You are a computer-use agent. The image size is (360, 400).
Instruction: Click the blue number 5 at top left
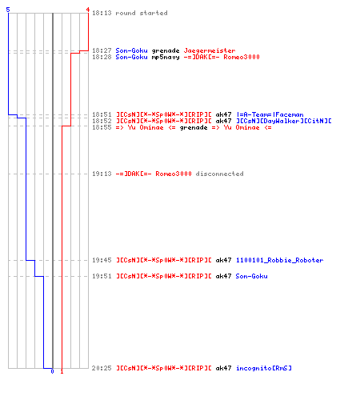(x=8, y=10)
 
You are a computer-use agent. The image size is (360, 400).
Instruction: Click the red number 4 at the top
(x=88, y=10)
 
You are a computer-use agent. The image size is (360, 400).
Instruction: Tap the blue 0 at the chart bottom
(x=52, y=371)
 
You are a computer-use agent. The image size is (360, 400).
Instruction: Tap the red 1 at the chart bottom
(x=62, y=371)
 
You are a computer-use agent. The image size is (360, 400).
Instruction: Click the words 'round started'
(x=142, y=13)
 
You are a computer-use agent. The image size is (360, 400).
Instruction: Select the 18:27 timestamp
(x=102, y=50)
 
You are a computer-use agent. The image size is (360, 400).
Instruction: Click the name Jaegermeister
(x=210, y=50)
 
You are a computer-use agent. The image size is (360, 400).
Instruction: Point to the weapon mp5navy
(x=166, y=57)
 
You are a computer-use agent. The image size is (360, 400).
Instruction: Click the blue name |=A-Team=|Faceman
(x=270, y=114)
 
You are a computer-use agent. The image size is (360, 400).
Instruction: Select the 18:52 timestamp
(x=102, y=121)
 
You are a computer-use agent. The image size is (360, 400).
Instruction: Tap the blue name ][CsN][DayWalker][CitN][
(x=284, y=121)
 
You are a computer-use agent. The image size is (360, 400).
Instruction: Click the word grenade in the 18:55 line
(x=194, y=127)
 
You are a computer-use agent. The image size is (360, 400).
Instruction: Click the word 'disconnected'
(x=219, y=174)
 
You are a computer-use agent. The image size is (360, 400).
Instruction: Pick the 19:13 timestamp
(x=102, y=174)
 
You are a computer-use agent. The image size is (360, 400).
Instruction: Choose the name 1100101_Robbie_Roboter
(x=280, y=260)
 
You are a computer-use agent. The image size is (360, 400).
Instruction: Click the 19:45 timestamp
(x=102, y=260)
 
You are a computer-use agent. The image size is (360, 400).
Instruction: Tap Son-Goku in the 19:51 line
(x=251, y=276)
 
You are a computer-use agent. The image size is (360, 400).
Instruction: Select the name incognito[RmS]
(x=264, y=368)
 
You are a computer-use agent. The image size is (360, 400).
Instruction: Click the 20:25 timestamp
(x=102, y=368)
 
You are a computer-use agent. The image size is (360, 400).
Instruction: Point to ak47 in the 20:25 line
(x=223, y=368)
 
